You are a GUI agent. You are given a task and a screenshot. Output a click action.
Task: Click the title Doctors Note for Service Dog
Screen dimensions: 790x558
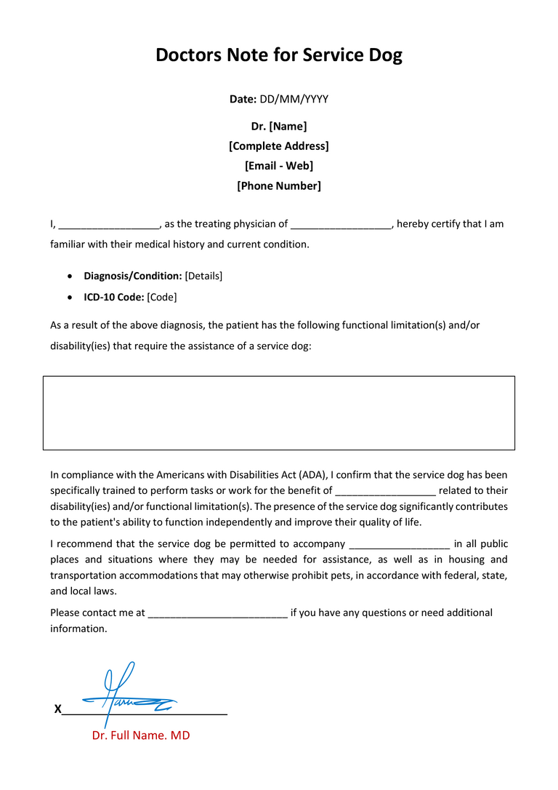click(x=279, y=55)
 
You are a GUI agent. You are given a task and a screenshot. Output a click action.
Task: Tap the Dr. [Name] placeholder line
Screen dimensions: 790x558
click(x=279, y=126)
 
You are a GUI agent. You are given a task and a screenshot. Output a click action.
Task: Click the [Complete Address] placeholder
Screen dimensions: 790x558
click(x=279, y=145)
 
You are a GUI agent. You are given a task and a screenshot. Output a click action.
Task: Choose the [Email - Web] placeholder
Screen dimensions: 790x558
click(x=279, y=166)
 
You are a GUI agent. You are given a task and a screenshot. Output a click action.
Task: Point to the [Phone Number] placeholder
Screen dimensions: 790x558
click(x=279, y=185)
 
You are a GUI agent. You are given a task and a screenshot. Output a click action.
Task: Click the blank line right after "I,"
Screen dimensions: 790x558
click(x=109, y=225)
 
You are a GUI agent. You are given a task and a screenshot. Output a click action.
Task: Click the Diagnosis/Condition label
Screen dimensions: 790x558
click(x=133, y=276)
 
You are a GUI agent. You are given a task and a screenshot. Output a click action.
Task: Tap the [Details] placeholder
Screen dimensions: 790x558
click(x=204, y=276)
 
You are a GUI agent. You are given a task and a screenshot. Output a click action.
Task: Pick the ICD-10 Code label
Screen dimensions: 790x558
click(x=114, y=297)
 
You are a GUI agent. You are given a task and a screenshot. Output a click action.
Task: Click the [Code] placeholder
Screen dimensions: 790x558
click(x=162, y=297)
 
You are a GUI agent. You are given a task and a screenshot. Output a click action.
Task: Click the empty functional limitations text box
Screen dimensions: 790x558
click(x=279, y=412)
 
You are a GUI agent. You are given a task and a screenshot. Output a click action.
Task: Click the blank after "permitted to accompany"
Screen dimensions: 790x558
click(x=400, y=545)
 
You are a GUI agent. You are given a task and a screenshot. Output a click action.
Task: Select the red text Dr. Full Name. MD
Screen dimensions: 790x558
click(x=141, y=735)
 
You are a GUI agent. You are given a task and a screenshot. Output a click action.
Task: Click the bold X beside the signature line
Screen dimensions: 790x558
click(x=57, y=709)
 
